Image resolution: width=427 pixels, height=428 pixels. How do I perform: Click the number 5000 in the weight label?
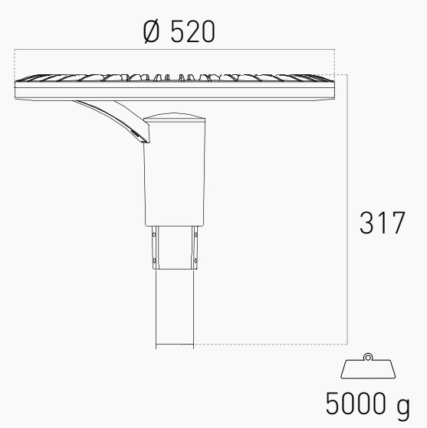pyautogui.click(x=356, y=403)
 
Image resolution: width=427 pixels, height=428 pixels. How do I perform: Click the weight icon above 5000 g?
pyautogui.click(x=368, y=369)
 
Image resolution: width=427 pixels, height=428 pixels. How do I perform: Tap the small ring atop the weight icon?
pyautogui.click(x=368, y=358)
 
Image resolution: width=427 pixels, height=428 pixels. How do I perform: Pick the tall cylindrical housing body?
pyautogui.click(x=175, y=176)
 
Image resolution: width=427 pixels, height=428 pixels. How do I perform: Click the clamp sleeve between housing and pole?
pyautogui.click(x=176, y=247)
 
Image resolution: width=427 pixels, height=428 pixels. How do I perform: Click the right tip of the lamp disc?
pyautogui.click(x=335, y=84)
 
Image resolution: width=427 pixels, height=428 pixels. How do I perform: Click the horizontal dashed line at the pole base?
pyautogui.click(x=268, y=345)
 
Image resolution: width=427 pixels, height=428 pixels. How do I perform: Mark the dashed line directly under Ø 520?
pyautogui.click(x=176, y=51)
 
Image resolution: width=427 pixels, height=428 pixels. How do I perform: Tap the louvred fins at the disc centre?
pyautogui.click(x=176, y=77)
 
